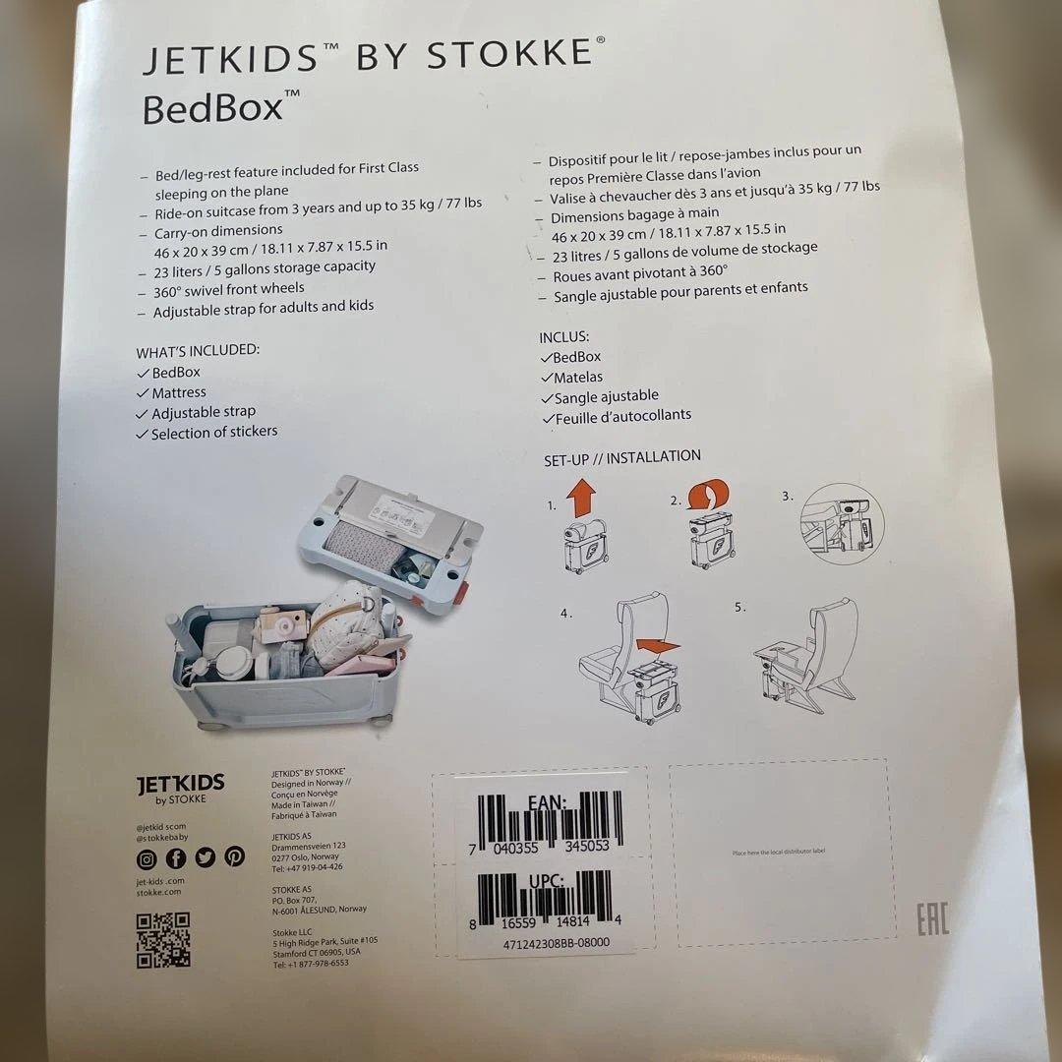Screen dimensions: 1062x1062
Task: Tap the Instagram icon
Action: coord(147,858)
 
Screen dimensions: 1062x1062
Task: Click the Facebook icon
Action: coord(176,858)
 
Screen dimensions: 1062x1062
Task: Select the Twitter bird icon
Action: coord(205,857)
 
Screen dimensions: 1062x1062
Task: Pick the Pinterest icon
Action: coord(234,856)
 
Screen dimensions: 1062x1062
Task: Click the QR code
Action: coord(162,940)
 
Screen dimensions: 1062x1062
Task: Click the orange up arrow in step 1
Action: coord(581,496)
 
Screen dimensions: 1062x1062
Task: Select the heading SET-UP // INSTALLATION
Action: coord(622,457)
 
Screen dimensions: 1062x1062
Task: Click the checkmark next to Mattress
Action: coord(143,393)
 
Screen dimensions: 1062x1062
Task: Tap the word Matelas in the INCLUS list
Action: coord(578,377)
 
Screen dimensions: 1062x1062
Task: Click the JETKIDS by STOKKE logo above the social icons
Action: coord(180,789)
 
